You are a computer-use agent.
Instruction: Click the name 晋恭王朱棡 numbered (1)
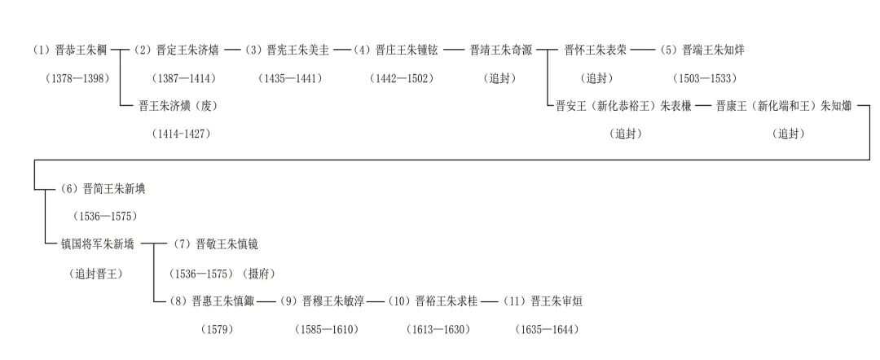pos(70,50)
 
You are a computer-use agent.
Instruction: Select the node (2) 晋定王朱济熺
pos(176,50)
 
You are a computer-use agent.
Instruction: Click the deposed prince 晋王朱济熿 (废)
pos(178,106)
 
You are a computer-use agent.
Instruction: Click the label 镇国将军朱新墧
pos(98,244)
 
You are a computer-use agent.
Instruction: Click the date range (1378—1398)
pos(77,78)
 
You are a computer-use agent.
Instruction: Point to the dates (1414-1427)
pos(181,134)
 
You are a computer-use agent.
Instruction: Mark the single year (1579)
pos(217,329)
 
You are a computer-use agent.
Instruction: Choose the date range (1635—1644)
pos(546,329)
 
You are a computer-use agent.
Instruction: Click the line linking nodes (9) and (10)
pos(375,301)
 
